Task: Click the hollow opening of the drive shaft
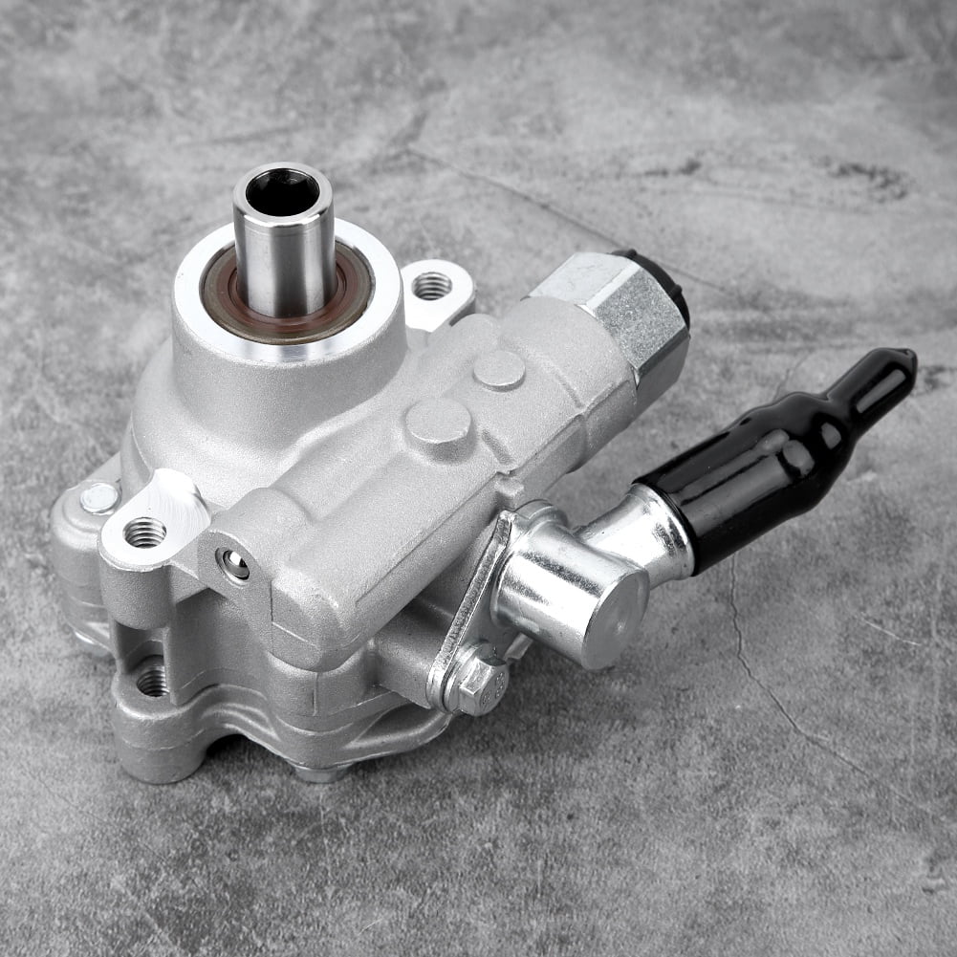point(282,190)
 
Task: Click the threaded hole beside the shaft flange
point(432,285)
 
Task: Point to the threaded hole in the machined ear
point(145,532)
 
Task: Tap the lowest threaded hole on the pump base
point(151,681)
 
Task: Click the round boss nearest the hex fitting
point(499,369)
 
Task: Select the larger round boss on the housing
point(438,422)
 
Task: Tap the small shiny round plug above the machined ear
point(98,497)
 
